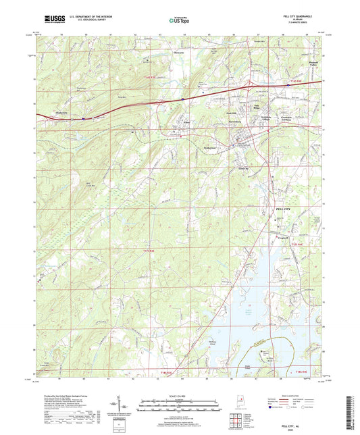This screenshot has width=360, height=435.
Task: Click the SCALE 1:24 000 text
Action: [x=179, y=395]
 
